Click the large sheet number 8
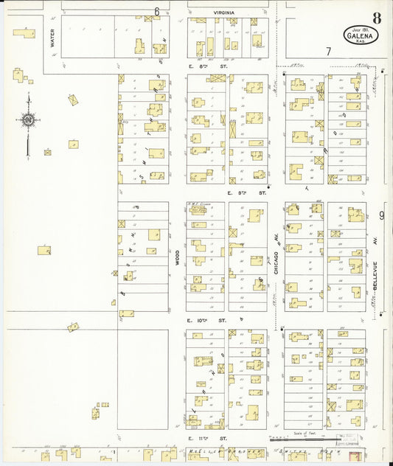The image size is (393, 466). click(376, 17)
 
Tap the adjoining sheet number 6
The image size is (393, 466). click(157, 11)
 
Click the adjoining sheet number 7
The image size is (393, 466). click(327, 51)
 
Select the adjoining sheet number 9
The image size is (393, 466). click(382, 215)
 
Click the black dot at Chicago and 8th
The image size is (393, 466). click(283, 74)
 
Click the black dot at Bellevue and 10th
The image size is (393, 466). click(381, 314)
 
